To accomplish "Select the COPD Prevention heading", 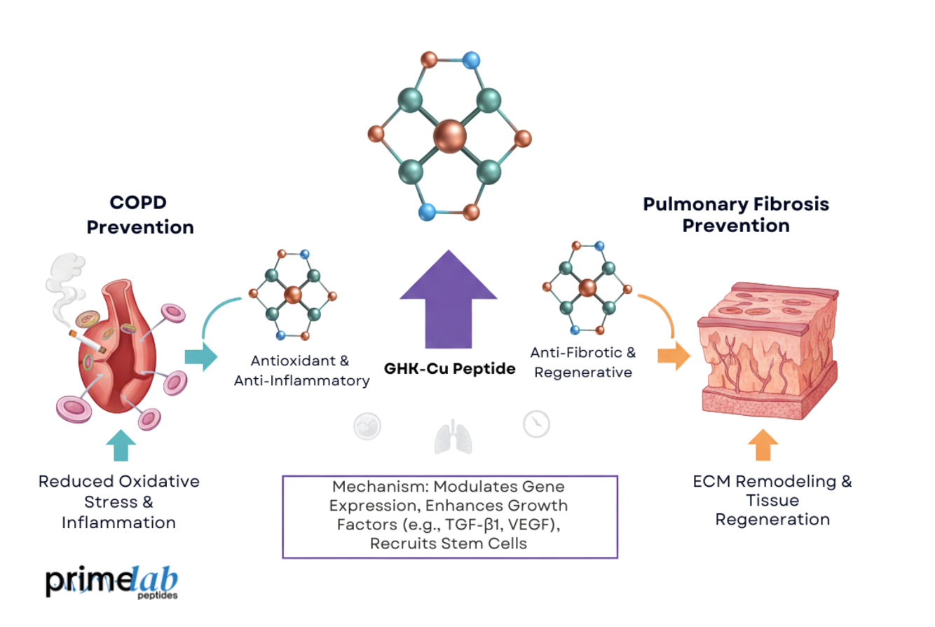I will [x=151, y=215].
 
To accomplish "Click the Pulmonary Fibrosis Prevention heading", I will [x=736, y=215].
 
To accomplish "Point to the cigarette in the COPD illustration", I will [x=87, y=341].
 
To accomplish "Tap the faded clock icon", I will [x=536, y=424].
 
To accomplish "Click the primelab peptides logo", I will [x=112, y=582].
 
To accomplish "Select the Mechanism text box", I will [x=449, y=516].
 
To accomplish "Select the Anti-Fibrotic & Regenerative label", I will [x=583, y=362].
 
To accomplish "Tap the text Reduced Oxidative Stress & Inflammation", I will [x=118, y=501].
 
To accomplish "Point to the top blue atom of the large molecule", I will [x=471, y=60].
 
